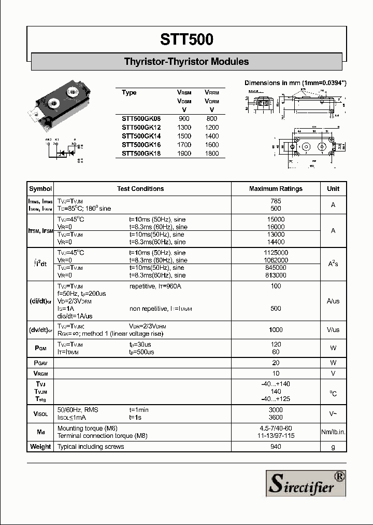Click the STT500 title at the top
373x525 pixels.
(186, 40)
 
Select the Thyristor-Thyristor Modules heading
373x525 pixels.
(186, 62)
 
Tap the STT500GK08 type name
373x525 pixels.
(141, 119)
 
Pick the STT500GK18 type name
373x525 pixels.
(141, 154)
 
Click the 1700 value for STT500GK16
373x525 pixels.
(184, 145)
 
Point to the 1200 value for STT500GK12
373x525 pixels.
(211, 128)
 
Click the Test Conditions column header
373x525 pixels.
(140, 189)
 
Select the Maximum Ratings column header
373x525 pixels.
(276, 189)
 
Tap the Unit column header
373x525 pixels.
(333, 189)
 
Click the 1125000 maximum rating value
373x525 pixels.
(276, 253)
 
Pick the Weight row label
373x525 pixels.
(40, 447)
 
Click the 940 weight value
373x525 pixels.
(276, 447)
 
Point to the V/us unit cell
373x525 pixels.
(333, 330)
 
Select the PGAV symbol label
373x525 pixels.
(40, 363)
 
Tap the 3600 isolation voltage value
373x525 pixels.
(276, 417)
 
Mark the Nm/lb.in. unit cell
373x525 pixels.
(333, 432)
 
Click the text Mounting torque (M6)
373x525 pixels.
(87, 429)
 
